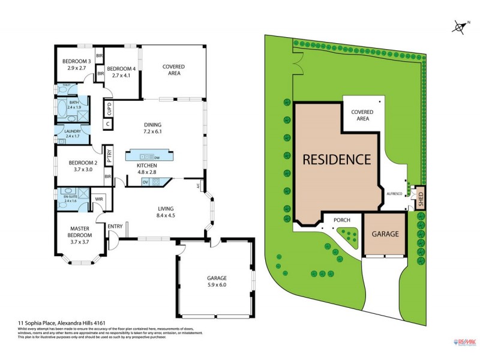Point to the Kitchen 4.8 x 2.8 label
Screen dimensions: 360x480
click(147, 168)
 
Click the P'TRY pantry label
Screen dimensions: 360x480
click(109, 155)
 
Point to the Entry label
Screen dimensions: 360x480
click(115, 226)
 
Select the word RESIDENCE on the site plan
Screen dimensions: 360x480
click(336, 160)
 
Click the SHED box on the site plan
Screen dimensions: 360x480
click(421, 198)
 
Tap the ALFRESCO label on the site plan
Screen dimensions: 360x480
click(394, 194)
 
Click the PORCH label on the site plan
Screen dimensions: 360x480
click(341, 220)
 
